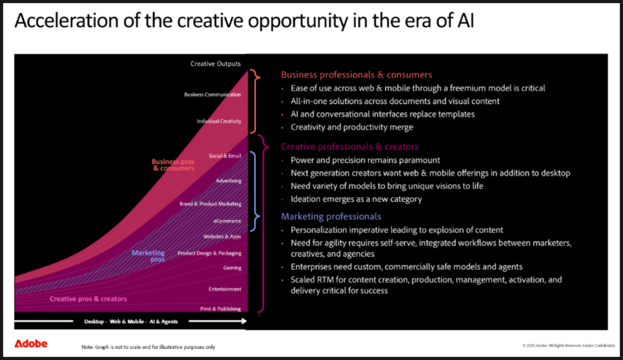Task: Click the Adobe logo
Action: (x=30, y=344)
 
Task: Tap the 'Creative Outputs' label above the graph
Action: (x=215, y=64)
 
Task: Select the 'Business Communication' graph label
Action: (x=213, y=95)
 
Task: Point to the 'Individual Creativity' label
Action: (x=219, y=121)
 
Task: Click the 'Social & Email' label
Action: (x=225, y=155)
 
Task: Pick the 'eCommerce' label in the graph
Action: (x=227, y=221)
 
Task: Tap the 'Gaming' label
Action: (x=232, y=268)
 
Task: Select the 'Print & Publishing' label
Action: (x=221, y=309)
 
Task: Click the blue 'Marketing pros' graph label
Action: (x=148, y=256)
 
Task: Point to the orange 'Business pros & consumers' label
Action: (x=173, y=165)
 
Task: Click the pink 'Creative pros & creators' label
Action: (x=88, y=299)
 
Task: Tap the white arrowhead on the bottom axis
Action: (x=243, y=321)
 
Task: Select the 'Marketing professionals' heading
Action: (x=331, y=217)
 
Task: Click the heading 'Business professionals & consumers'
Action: (x=357, y=75)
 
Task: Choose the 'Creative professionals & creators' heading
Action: (x=350, y=146)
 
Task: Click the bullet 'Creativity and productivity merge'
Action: (x=351, y=127)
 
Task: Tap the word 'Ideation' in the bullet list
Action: (x=306, y=199)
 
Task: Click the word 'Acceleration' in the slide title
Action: (x=66, y=21)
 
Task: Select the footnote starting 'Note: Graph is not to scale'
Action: (x=148, y=347)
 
